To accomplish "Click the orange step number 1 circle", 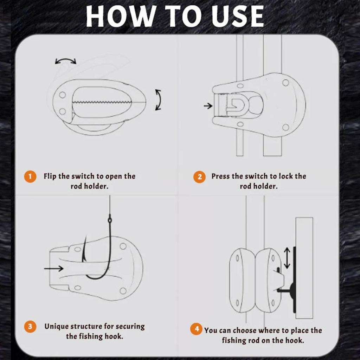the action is (30, 176).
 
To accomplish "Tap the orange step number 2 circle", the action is (199, 177).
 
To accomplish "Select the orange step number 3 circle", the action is (30, 326).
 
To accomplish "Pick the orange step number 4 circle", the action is (196, 329).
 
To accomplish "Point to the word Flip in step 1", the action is (50, 176).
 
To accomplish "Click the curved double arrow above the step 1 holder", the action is (66, 61).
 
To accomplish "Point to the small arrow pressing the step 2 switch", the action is (208, 106).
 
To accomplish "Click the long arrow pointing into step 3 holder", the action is (54, 268).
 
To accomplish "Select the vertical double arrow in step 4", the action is (287, 258).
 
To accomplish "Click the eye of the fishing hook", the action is (110, 220).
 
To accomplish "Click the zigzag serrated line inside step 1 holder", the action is (102, 102).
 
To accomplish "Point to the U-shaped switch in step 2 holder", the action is (239, 105).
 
